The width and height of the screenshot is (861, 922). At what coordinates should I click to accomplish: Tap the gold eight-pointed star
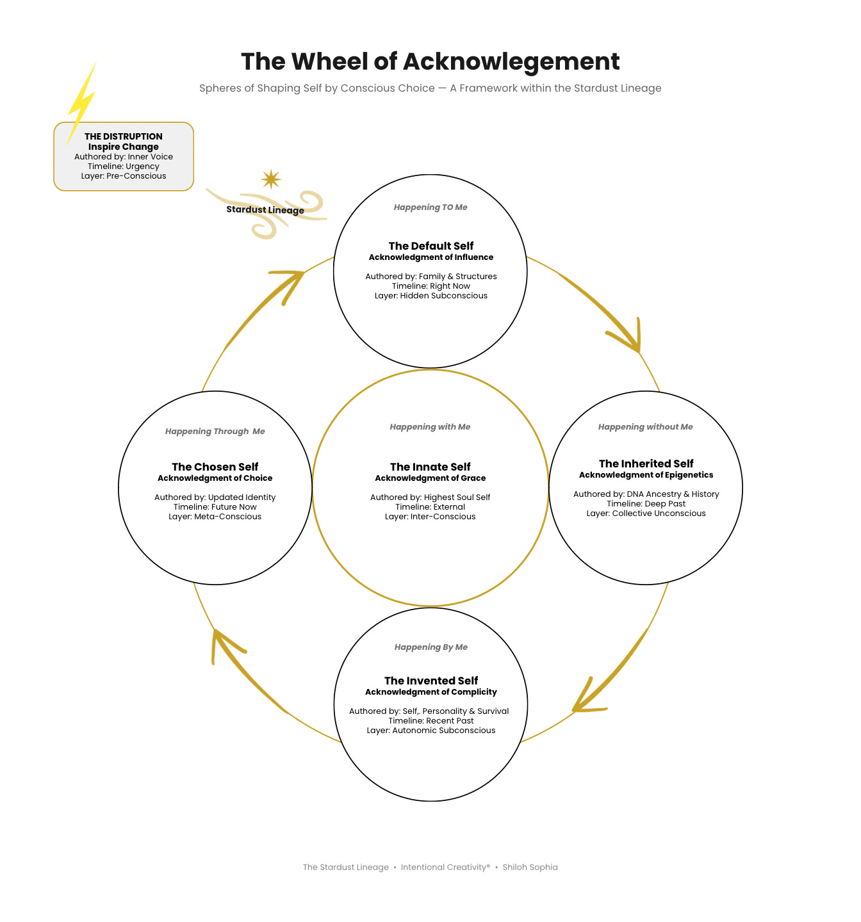[x=271, y=179]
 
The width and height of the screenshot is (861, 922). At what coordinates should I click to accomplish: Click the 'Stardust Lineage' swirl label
[x=265, y=210]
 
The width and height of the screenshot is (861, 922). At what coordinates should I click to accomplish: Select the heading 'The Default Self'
[x=430, y=246]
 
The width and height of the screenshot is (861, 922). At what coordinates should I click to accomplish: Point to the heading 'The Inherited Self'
[x=646, y=464]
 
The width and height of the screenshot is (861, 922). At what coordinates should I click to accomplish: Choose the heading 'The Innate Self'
[x=430, y=467]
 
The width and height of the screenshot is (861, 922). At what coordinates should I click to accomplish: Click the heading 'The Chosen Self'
[x=215, y=467]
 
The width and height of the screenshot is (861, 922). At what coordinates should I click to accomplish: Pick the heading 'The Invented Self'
[x=430, y=681]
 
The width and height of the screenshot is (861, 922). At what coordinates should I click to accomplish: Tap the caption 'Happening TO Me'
[x=430, y=207]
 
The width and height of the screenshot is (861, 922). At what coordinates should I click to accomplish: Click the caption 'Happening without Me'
[x=645, y=426]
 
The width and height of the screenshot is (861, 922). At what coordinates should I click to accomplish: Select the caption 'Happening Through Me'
[x=215, y=432]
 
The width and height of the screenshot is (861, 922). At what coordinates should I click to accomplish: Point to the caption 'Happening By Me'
[x=430, y=647]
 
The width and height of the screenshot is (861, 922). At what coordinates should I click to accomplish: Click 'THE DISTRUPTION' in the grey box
[x=124, y=136]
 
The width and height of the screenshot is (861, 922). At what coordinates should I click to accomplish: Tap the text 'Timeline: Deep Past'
[x=646, y=504]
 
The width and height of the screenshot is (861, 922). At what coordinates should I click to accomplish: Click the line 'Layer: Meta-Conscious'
[x=215, y=517]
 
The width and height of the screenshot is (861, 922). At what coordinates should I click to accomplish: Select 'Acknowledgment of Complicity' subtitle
[x=430, y=691]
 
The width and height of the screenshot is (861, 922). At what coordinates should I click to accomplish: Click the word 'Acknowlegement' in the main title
[x=511, y=61]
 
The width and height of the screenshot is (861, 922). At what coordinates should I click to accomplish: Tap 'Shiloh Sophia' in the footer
[x=530, y=867]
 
